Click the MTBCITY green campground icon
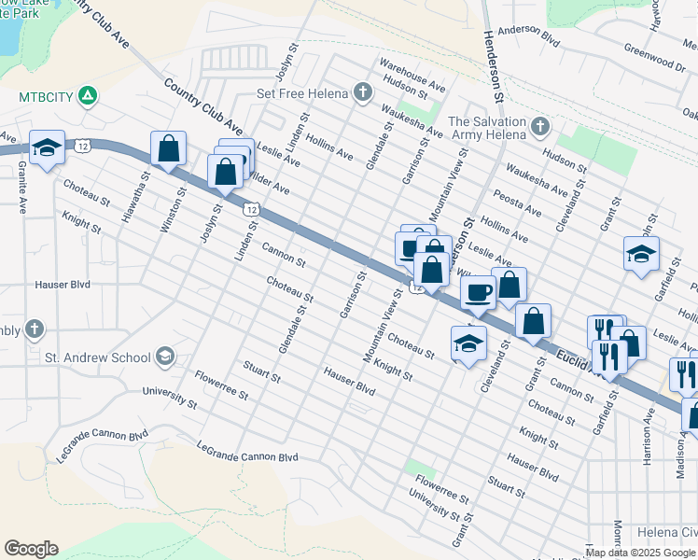(87, 96)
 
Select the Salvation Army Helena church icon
(539, 125)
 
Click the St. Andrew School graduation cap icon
(165, 357)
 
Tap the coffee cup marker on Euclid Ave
(479, 292)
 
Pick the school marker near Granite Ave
(47, 147)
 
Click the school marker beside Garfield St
(641, 254)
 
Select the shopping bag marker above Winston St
(169, 148)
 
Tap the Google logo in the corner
(31, 549)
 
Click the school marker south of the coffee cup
(468, 343)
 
